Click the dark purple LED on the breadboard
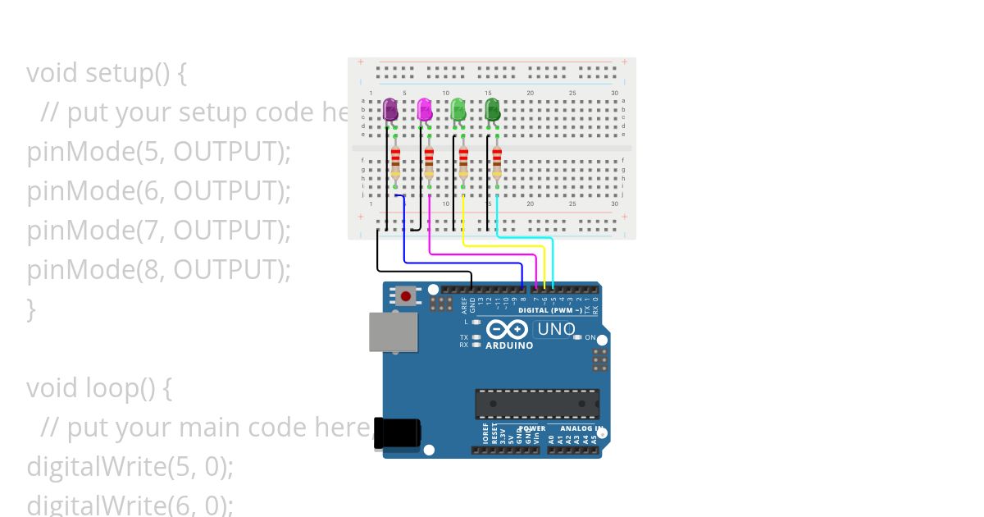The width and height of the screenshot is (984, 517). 390,108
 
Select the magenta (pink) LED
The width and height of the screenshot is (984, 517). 424,108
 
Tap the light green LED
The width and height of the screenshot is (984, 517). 458,108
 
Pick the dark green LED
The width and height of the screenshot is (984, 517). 492,108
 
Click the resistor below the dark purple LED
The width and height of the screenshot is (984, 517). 395,162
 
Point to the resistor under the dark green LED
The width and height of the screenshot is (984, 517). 496,162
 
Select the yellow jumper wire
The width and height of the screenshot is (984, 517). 500,245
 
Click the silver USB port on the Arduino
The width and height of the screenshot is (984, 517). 392,332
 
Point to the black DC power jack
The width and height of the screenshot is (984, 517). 397,433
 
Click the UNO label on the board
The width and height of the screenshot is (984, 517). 556,330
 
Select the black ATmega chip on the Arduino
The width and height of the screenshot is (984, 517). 537,404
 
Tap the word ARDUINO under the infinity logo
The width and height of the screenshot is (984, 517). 509,345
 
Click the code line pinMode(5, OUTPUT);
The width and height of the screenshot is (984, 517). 159,152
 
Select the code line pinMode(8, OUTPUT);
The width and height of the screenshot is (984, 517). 159,270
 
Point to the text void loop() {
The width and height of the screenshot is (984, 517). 99,387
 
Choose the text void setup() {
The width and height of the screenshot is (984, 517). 107,73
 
